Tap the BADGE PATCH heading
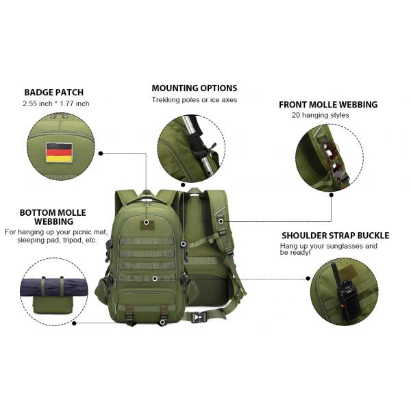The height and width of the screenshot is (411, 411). coord(55,92)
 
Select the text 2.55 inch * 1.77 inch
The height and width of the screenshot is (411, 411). coord(55,103)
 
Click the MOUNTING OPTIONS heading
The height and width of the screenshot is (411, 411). coord(194,88)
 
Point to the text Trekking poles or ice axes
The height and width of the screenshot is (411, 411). coord(194,100)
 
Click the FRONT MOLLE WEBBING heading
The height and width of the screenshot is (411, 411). coord(327,105)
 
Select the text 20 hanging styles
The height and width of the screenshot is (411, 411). coord(320,115)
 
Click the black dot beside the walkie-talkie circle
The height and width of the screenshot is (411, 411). coord(307,279)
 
